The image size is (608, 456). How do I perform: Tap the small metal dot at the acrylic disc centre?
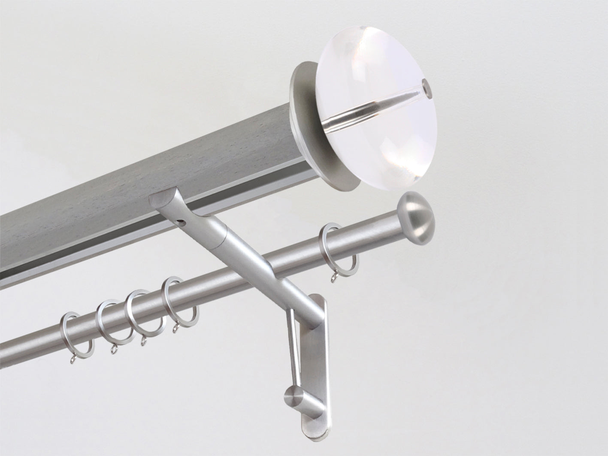[424, 82]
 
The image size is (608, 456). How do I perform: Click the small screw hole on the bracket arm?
[183, 223]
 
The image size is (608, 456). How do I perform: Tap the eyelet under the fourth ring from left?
[175, 329]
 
